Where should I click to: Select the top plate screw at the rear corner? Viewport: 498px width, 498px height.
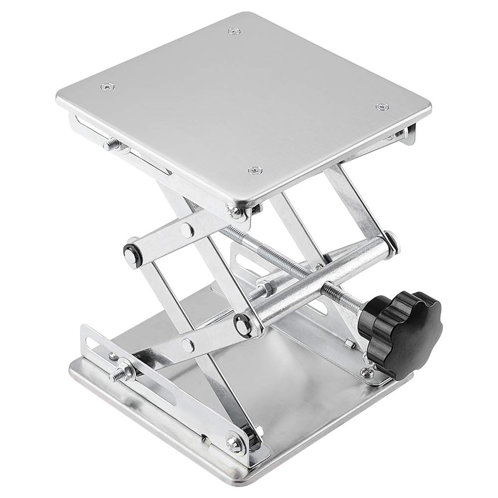pyautogui.click(x=232, y=32)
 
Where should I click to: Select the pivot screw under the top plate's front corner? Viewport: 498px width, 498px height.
pyautogui.click(x=238, y=211)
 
